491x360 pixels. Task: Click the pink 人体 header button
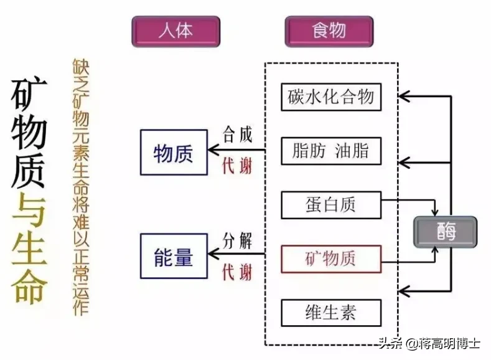tap(175, 31)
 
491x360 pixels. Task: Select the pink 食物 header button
tap(329, 31)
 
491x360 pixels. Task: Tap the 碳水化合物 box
tap(330, 97)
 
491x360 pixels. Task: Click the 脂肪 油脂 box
tap(330, 151)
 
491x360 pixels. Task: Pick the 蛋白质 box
tap(330, 204)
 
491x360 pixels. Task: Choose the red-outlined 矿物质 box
tap(330, 258)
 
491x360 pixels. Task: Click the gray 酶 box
tap(446, 232)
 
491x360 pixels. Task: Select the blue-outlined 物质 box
tap(173, 152)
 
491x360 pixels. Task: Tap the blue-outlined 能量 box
tap(173, 255)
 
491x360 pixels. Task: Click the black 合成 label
tap(237, 135)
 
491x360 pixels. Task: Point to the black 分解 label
tap(237, 240)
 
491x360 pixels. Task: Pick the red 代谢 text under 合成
tap(237, 166)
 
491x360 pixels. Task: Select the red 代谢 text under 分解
tap(237, 272)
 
